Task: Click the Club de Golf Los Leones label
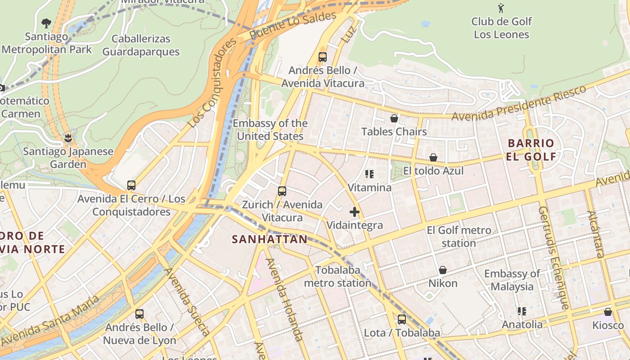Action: tap(501, 28)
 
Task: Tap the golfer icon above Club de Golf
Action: tap(501, 8)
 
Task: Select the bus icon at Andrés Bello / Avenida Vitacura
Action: tap(322, 57)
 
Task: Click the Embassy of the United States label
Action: tap(270, 130)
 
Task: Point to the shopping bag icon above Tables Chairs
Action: tap(394, 118)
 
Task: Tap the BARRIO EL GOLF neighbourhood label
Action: tap(531, 150)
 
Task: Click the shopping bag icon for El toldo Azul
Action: tap(433, 157)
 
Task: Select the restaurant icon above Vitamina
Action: tap(369, 174)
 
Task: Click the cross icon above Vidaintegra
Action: tap(355, 211)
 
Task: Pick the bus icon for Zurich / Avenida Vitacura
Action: tap(282, 191)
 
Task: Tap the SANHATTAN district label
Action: tap(270, 239)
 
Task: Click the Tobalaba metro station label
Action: tap(337, 276)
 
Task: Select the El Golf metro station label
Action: tap(459, 237)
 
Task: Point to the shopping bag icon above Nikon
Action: tap(443, 270)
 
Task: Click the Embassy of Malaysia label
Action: tap(512, 280)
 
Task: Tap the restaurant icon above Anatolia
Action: tap(522, 311)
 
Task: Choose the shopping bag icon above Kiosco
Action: tap(608, 312)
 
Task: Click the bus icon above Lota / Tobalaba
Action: tap(401, 319)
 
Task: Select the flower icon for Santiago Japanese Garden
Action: tap(68, 137)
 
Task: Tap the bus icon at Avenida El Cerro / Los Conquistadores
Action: tap(131, 185)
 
